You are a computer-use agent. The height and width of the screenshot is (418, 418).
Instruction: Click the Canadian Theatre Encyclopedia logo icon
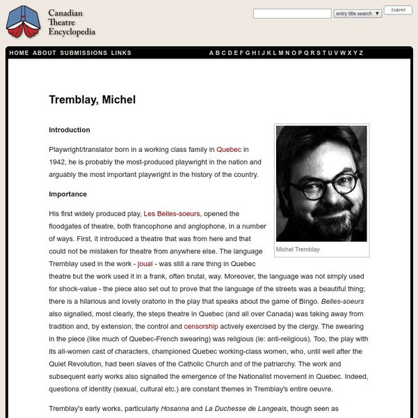[22, 23]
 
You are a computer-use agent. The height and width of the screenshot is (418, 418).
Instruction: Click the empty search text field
[292, 13]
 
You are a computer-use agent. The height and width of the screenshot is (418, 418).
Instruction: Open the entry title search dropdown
[357, 13]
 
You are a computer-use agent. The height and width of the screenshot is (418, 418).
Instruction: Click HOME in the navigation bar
[19, 53]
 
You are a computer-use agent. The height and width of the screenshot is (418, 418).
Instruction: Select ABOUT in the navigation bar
[45, 53]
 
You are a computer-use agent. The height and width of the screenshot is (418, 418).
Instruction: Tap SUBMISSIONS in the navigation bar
[83, 53]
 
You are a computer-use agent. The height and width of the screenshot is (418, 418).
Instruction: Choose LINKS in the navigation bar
[121, 53]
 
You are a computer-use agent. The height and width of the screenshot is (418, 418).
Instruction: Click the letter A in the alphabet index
[212, 53]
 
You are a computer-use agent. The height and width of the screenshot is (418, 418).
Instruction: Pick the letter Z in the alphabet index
[360, 53]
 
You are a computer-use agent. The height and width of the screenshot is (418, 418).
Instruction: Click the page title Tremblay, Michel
[92, 100]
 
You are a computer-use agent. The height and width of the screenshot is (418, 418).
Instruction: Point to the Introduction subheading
[70, 130]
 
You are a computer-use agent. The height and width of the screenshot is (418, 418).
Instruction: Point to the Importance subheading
[67, 194]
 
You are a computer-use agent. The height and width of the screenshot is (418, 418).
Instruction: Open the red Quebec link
[229, 149]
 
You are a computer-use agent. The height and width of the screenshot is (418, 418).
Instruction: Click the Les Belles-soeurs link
[172, 213]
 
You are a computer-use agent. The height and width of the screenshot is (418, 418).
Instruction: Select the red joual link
[145, 265]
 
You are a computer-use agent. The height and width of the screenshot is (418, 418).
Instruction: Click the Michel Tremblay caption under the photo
[298, 249]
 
